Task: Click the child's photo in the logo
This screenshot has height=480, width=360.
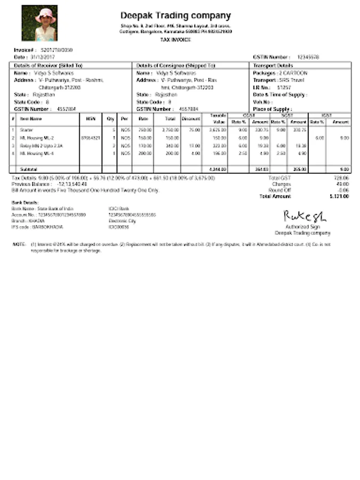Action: point(39,23)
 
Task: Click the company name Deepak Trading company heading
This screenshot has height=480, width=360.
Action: point(175,16)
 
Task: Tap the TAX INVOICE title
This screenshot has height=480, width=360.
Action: point(175,40)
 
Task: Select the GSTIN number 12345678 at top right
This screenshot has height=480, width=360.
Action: point(308,57)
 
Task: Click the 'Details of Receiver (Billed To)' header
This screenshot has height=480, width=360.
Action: point(49,65)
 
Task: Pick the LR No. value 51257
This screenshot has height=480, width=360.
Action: point(284,87)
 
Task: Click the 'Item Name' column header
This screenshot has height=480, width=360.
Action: point(31,118)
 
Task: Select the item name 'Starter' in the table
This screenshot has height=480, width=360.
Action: point(26,130)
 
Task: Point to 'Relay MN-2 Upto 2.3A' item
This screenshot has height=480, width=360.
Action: point(41,145)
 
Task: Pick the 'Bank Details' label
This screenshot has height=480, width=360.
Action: point(25,203)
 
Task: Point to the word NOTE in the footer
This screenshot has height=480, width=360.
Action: point(20,244)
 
